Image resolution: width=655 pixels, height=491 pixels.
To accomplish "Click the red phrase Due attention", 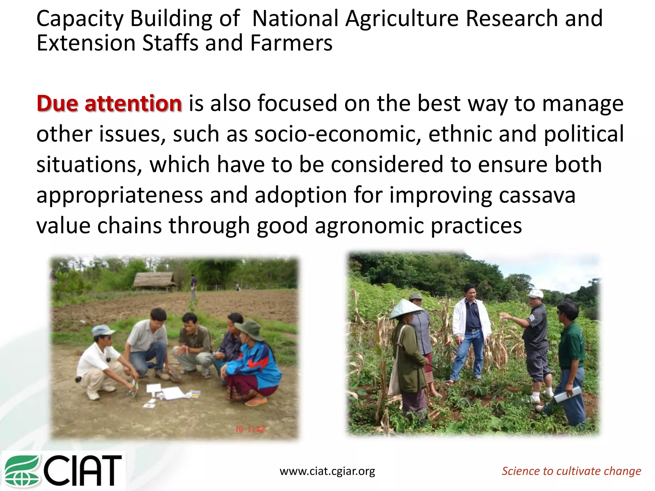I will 109,104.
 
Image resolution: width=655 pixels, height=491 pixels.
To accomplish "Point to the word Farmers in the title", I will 291,43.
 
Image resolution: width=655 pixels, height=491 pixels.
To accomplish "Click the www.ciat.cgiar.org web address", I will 327,471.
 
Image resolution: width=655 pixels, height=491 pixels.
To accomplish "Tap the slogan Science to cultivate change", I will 571,471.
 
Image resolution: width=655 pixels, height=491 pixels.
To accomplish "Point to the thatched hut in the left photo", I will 154,281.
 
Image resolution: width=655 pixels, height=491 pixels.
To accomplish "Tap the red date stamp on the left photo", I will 250,429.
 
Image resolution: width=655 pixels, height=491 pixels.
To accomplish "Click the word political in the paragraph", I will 584,134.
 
